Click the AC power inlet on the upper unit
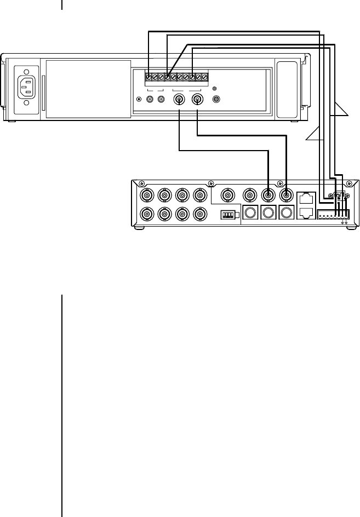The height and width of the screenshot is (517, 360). pos(26,87)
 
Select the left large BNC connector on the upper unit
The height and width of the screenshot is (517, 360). pos(179,100)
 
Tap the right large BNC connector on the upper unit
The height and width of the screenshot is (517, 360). pos(198,100)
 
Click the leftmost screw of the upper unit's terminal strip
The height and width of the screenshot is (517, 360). pos(149,77)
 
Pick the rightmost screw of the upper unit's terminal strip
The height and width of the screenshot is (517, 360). pos(205,77)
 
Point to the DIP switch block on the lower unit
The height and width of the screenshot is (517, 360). pos(227,215)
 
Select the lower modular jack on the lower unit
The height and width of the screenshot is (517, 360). pos(307,213)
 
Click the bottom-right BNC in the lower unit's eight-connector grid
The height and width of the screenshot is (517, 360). pos(199,214)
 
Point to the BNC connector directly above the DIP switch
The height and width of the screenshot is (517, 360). pos(226,196)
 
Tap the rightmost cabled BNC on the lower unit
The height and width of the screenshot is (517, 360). pos(285,196)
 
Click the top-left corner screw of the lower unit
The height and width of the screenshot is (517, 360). pos(142,183)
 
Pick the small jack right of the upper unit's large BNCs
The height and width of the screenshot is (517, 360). pos(216,100)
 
